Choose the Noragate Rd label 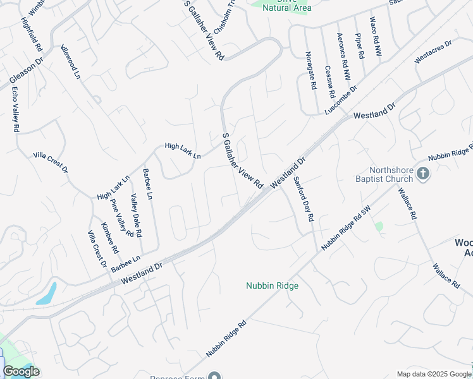click(x=310, y=71)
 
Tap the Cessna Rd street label click(x=329, y=82)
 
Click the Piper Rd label click(x=359, y=45)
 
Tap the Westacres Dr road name click(x=433, y=52)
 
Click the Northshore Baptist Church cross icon click(x=424, y=172)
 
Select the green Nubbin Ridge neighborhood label click(x=272, y=286)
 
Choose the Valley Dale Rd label click(x=135, y=216)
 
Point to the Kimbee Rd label click(x=109, y=238)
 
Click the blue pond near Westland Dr click(x=47, y=294)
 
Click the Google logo click(x=21, y=371)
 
